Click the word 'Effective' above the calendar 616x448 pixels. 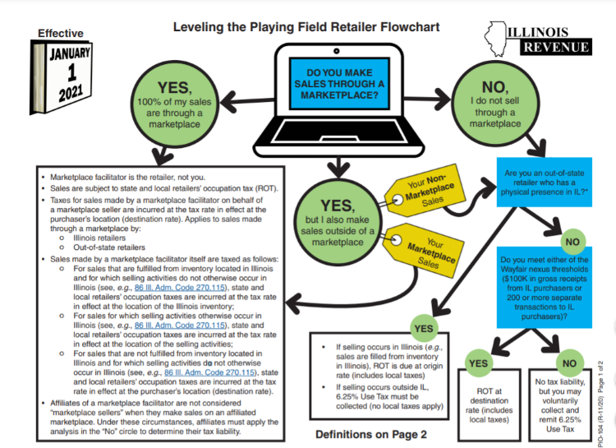tap(60, 34)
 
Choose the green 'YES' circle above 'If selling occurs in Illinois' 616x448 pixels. tap(424, 328)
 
